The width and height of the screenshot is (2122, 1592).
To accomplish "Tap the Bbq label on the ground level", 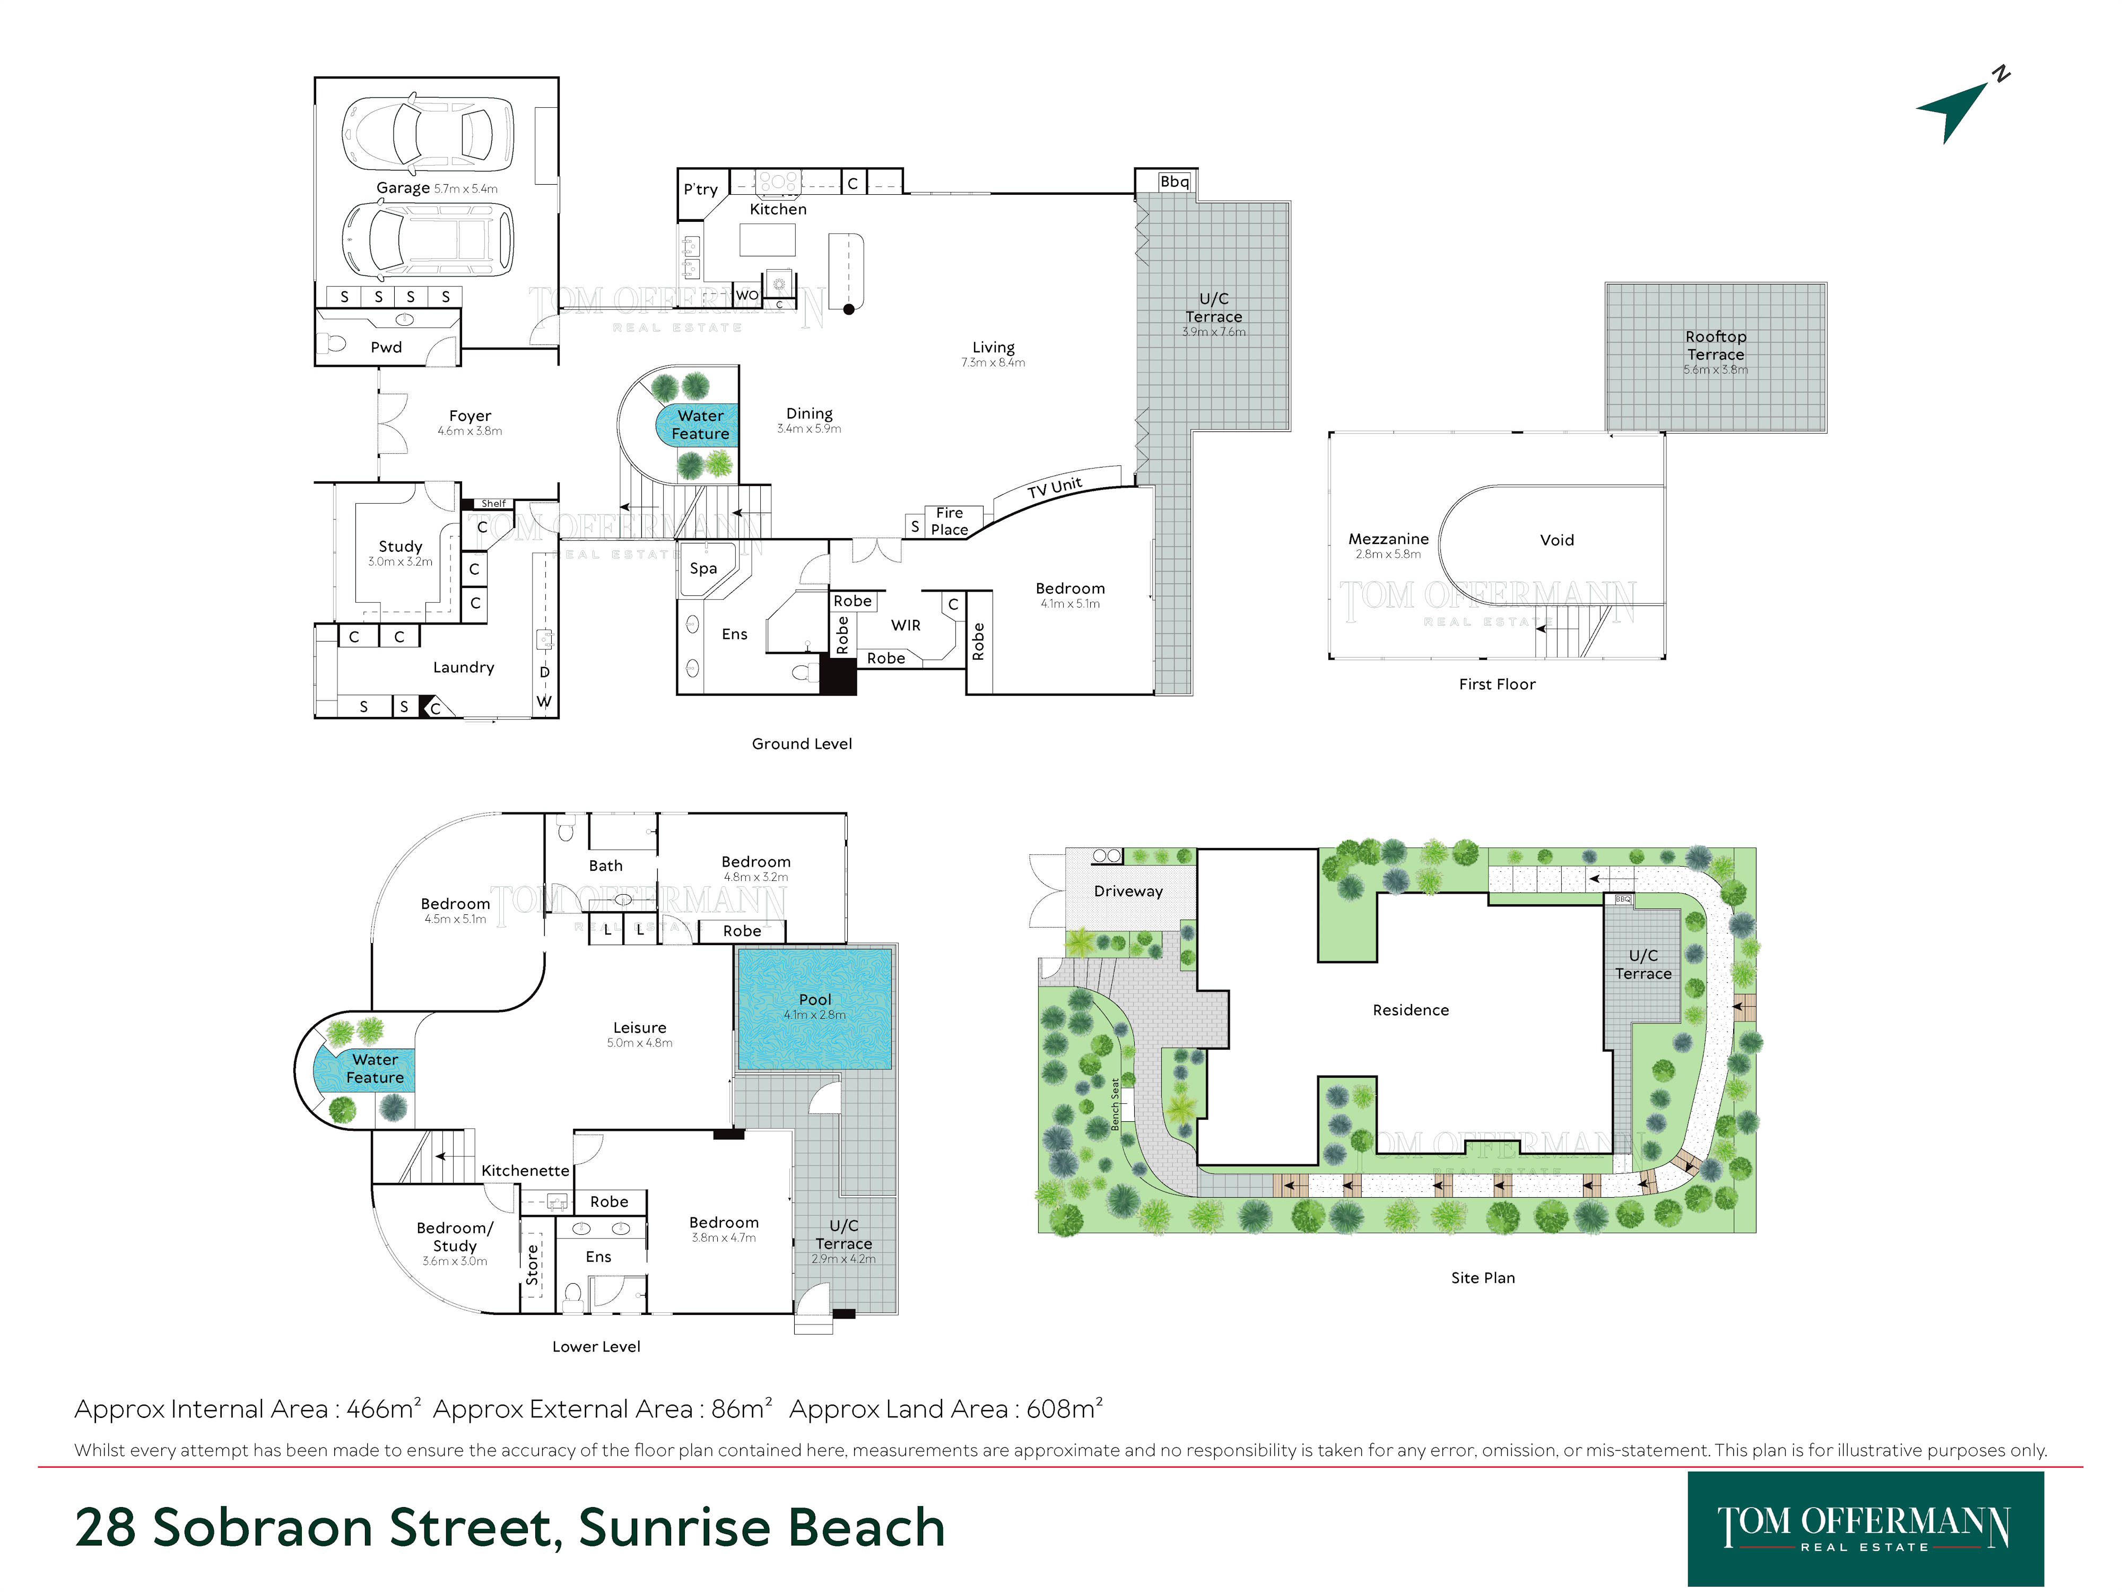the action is pyautogui.click(x=1174, y=181).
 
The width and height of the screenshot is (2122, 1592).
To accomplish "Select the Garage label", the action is pyautogui.click(x=403, y=188).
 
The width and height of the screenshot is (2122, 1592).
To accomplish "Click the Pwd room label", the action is pyautogui.click(x=387, y=348).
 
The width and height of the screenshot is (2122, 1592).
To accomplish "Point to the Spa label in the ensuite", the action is pyautogui.click(x=703, y=568).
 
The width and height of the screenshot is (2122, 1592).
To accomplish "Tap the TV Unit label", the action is pyautogui.click(x=1054, y=488).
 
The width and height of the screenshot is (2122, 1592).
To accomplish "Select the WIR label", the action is pyautogui.click(x=906, y=626).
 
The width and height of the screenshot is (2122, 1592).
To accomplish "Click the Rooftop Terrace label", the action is pyautogui.click(x=1716, y=345).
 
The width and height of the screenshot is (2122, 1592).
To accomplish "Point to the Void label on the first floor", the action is pyautogui.click(x=1557, y=540).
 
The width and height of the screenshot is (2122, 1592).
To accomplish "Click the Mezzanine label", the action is pyautogui.click(x=1388, y=539).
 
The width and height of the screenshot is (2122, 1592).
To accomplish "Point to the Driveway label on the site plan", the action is pyautogui.click(x=1128, y=892).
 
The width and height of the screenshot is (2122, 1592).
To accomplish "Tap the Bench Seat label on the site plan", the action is pyautogui.click(x=1115, y=1104).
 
